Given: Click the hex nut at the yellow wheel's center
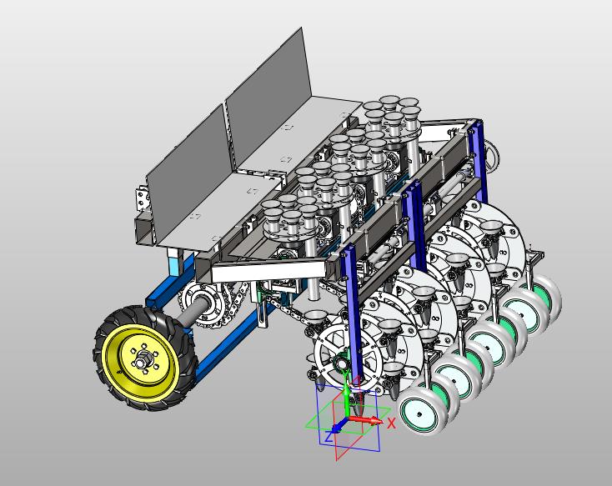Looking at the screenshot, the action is pyautogui.click(x=141, y=356).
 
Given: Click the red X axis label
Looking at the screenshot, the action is pyautogui.click(x=392, y=423).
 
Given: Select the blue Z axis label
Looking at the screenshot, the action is pyautogui.click(x=329, y=437).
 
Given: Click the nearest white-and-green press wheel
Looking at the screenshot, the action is pyautogui.click(x=419, y=412).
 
